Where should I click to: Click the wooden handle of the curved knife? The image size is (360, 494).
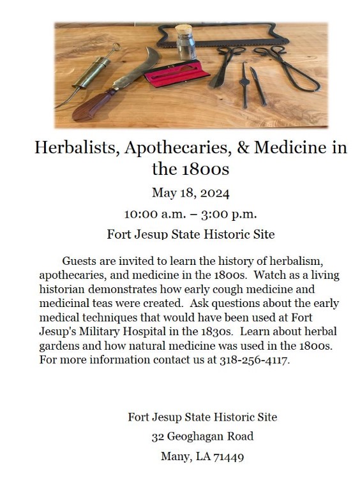tap(88, 108)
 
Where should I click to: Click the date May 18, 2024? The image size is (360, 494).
tap(190, 192)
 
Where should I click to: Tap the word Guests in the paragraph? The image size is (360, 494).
tap(81, 261)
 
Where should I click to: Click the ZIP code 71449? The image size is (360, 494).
tap(229, 457)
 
